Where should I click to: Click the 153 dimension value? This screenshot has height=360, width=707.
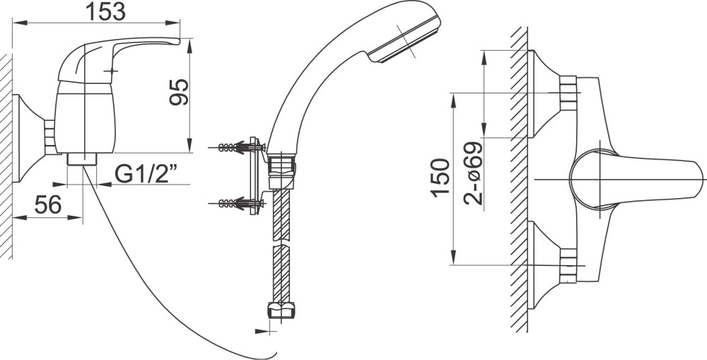click(105, 11)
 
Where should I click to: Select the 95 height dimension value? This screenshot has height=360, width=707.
click(179, 91)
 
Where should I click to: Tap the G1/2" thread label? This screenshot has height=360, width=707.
click(145, 174)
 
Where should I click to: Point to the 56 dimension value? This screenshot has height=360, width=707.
click(48, 206)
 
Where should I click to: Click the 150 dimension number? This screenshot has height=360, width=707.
click(440, 177)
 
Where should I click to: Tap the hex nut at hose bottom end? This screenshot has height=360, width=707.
click(279, 310)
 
